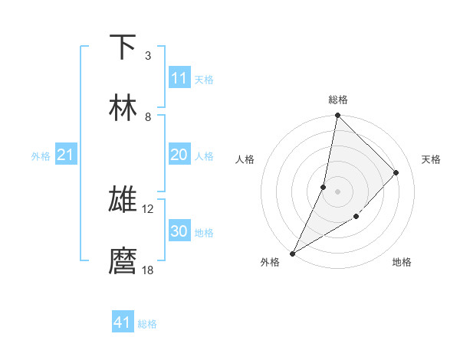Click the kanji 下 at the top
pyautogui.click(x=123, y=47)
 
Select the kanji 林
pyautogui.click(x=123, y=108)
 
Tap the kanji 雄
pyautogui.click(x=123, y=200)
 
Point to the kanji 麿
pyautogui.click(x=123, y=261)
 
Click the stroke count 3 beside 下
pyautogui.click(x=148, y=56)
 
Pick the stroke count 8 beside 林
pyautogui.click(x=148, y=117)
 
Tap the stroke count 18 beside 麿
pyautogui.click(x=148, y=270)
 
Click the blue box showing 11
pyautogui.click(x=179, y=78)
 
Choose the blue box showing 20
pyautogui.click(x=179, y=155)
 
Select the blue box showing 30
pyautogui.click(x=179, y=231)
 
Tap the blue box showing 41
pyautogui.click(x=123, y=322)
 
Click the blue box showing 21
pyautogui.click(x=65, y=155)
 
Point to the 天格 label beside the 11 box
pyautogui.click(x=204, y=79)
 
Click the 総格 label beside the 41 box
pyautogui.click(x=147, y=324)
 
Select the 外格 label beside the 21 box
pyautogui.click(x=41, y=155)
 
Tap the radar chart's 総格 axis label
pyautogui.click(x=338, y=100)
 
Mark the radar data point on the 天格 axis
pyautogui.click(x=396, y=172)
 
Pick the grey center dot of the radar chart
pyautogui.click(x=337, y=191)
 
